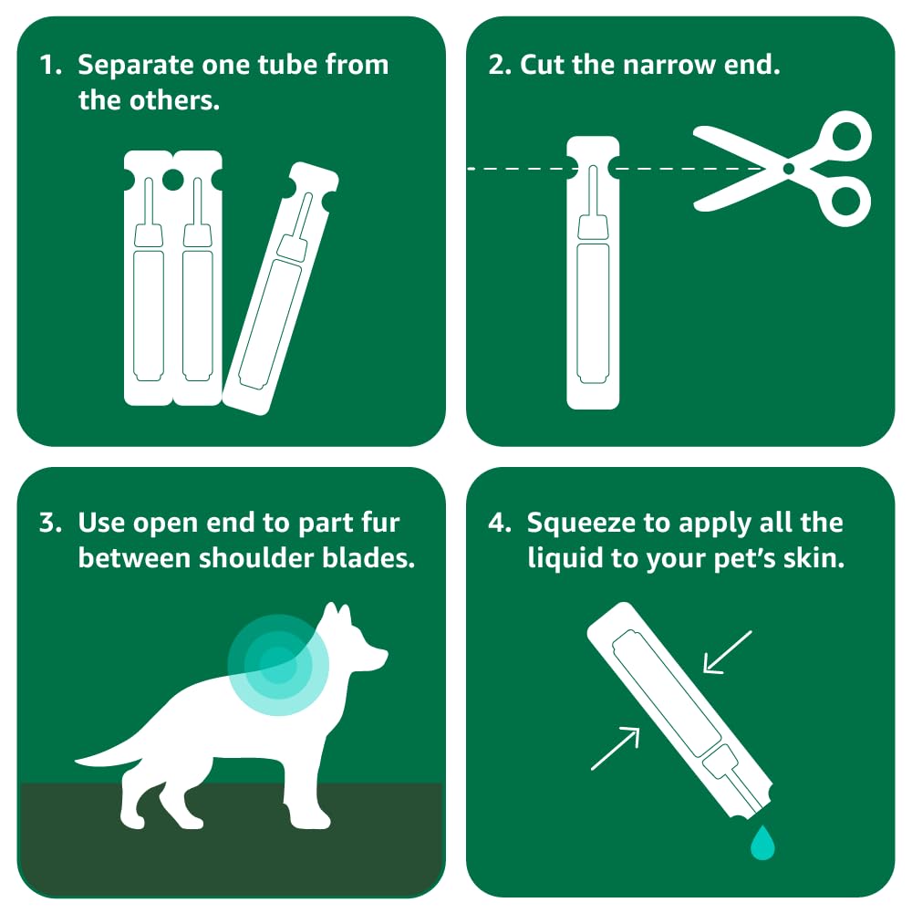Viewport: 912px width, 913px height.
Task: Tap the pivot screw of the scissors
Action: (x=789, y=169)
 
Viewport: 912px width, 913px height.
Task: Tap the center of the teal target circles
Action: (x=278, y=665)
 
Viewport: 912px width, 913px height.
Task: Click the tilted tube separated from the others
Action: (x=281, y=289)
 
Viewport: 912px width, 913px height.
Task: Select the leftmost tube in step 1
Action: (x=148, y=278)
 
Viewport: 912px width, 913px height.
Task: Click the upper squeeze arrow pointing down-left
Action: (x=728, y=652)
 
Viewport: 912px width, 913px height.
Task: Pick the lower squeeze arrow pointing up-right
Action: (x=616, y=748)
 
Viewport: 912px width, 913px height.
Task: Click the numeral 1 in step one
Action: (x=47, y=66)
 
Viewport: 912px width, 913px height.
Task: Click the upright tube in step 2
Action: (x=593, y=273)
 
